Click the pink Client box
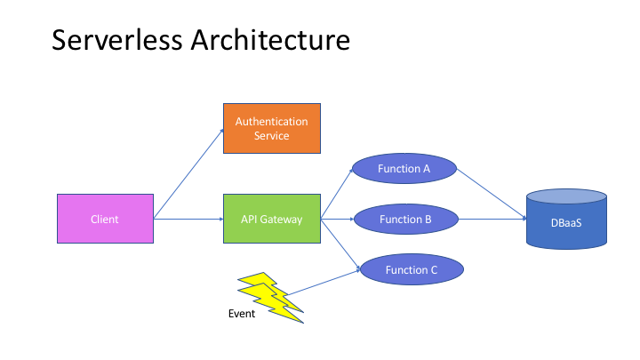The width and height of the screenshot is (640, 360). point(105,219)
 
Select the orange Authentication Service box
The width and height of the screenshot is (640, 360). point(271,128)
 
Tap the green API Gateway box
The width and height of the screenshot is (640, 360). point(271,219)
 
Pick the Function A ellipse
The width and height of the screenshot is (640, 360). point(404,169)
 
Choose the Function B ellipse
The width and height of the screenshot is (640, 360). point(405,219)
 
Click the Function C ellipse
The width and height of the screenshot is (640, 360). point(410,268)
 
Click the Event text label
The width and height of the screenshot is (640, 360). point(241,314)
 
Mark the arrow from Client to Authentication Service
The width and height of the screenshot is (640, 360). point(188,174)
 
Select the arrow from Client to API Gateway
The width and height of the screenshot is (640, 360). point(188,219)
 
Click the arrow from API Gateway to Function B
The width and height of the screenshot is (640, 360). point(338,219)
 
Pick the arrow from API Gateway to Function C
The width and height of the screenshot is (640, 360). point(340,243)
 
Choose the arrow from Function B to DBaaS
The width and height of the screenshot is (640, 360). point(492,219)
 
